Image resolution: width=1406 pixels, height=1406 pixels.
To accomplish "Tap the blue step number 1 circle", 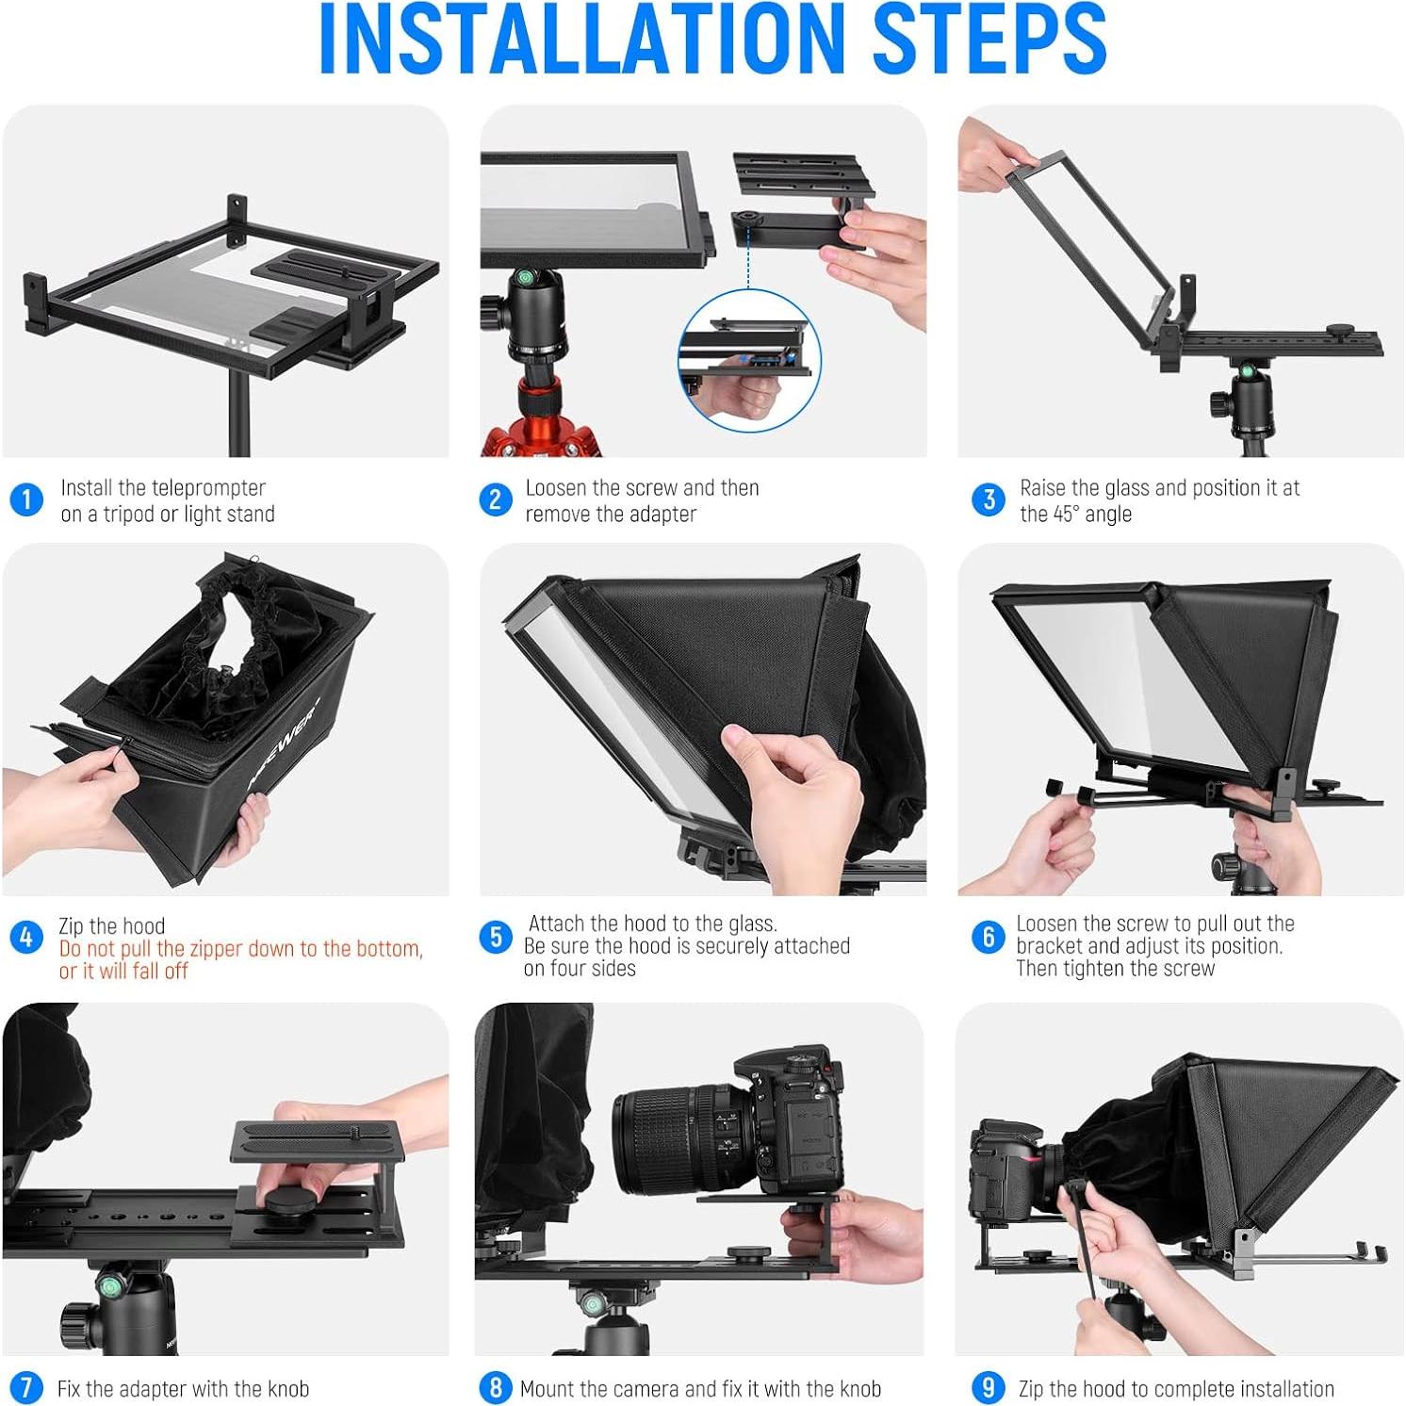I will pyautogui.click(x=26, y=499).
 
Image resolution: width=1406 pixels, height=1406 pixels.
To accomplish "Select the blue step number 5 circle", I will pyautogui.click(x=495, y=937).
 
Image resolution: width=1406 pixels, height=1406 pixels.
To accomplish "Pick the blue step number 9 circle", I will pyautogui.click(x=988, y=1387).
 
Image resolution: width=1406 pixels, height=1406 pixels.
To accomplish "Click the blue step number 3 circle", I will pyautogui.click(x=988, y=499).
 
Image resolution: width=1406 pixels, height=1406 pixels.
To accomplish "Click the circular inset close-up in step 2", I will pyautogui.click(x=749, y=361).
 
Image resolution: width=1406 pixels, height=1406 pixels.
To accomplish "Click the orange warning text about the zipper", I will pyautogui.click(x=240, y=959).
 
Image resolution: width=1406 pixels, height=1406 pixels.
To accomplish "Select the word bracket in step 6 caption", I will pyautogui.click(x=1048, y=946).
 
